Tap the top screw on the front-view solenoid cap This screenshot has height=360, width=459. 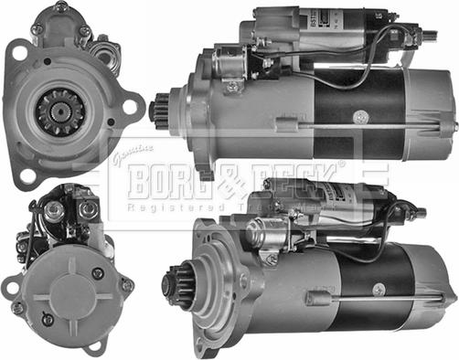tap(60, 7)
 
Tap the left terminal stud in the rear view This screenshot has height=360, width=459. tap(54, 210)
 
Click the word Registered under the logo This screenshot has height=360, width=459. tap(175, 208)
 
